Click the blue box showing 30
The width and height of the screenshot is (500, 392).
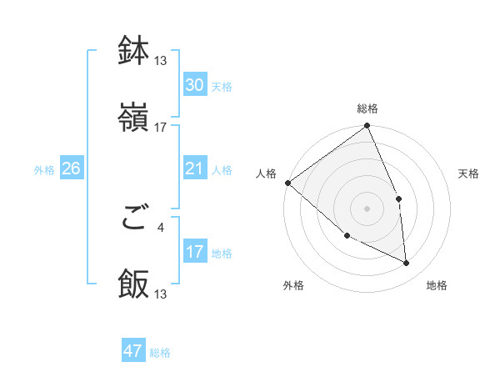[x=194, y=85]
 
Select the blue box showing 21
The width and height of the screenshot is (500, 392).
[x=194, y=168]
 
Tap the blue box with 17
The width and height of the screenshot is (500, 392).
[x=194, y=252]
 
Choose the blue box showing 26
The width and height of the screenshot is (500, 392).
[x=71, y=168]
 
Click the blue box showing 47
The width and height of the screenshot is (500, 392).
[x=133, y=351]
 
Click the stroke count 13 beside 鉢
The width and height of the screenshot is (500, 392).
[x=161, y=61]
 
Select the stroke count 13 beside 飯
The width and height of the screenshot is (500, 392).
[x=161, y=294]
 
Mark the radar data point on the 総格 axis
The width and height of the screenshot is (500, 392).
[x=367, y=127]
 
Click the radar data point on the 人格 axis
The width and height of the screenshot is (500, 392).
[x=287, y=183]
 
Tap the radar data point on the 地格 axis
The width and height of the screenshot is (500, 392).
[x=406, y=263]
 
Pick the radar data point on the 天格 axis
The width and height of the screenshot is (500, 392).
[x=398, y=199]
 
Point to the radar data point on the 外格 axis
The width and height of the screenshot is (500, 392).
[x=347, y=236]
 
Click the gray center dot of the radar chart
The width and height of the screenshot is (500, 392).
[x=367, y=209]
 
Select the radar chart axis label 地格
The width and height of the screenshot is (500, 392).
[x=437, y=286]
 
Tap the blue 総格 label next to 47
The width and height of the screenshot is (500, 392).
[x=160, y=352]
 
